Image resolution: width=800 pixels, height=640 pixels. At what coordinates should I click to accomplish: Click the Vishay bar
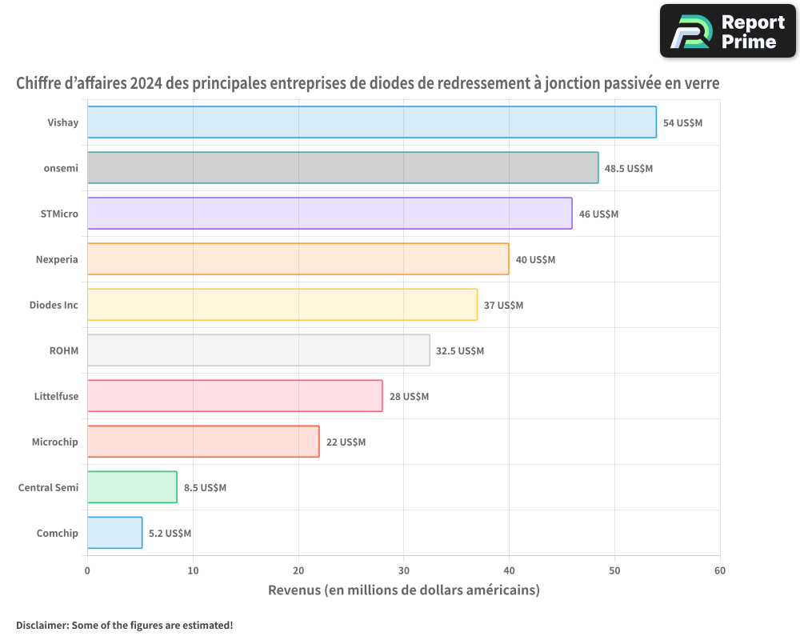(371, 122)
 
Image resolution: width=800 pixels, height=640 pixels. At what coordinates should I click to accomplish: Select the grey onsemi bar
(342, 168)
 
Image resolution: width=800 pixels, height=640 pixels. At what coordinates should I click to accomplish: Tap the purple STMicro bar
(330, 214)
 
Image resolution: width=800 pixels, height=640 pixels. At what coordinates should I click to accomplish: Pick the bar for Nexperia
(298, 259)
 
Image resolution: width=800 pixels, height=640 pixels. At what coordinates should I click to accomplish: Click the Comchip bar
(114, 533)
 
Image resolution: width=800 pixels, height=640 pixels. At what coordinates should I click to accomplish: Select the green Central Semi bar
(132, 487)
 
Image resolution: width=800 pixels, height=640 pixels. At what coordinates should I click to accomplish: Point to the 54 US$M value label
(682, 123)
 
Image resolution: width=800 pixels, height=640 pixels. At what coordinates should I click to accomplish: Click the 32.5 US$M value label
(460, 351)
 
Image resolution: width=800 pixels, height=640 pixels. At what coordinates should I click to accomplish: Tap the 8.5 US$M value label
(205, 488)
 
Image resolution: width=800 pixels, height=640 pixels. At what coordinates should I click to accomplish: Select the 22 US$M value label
(346, 442)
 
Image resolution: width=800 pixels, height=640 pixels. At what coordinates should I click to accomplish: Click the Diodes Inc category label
(54, 306)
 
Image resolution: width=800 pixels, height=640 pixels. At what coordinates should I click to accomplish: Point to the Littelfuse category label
(56, 397)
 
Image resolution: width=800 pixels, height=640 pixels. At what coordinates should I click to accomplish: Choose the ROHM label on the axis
(64, 351)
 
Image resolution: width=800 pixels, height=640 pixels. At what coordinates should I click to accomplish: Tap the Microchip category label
(55, 442)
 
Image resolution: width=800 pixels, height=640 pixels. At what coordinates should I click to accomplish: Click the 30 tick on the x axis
(403, 571)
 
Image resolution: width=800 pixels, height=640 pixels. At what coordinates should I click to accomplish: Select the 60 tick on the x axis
(720, 571)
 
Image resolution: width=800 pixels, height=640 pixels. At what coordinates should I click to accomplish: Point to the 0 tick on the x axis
(87, 571)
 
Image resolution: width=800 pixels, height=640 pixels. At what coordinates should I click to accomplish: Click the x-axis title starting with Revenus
(403, 590)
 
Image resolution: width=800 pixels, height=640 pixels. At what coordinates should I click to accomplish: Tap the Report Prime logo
(728, 31)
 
